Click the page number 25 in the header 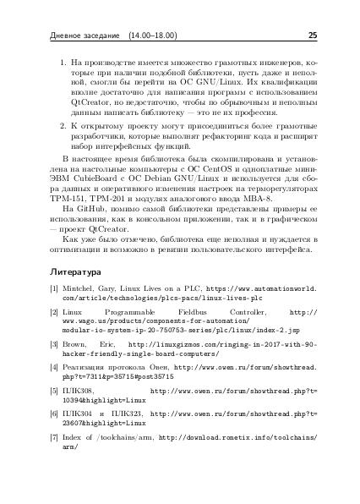pos(312,36)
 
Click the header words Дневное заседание pos(79,36)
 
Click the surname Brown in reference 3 pos(78,346)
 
